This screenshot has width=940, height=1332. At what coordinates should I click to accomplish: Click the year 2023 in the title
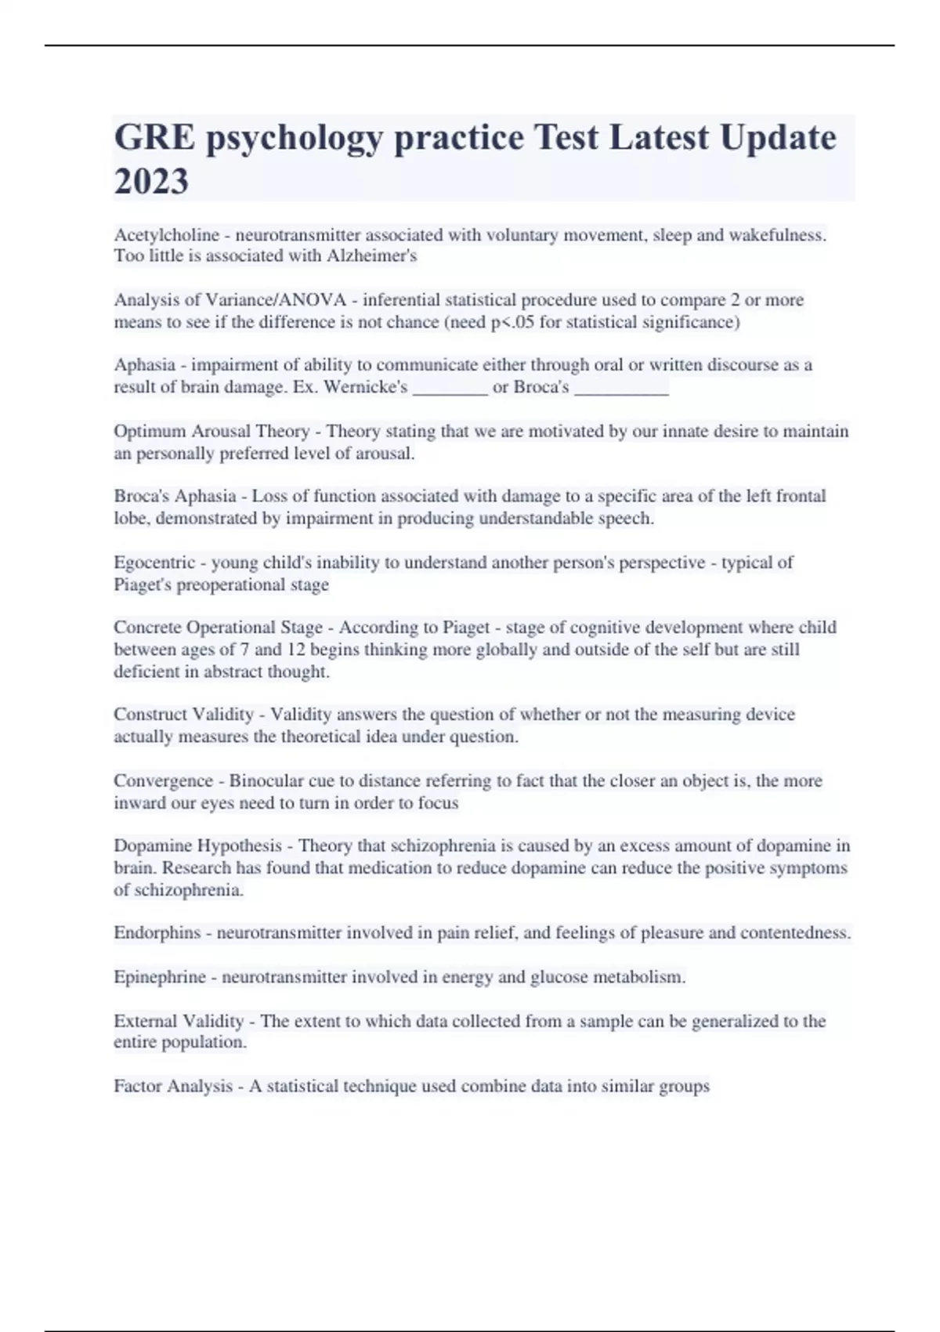tap(151, 182)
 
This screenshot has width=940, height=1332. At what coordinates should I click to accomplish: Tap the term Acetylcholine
tap(166, 235)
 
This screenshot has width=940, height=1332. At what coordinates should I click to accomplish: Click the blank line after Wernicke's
tap(450, 388)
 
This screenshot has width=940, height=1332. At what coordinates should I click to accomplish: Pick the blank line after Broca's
tap(621, 388)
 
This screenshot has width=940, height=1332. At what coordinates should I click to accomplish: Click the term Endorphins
tap(157, 933)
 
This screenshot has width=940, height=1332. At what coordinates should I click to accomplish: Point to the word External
tap(145, 1022)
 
